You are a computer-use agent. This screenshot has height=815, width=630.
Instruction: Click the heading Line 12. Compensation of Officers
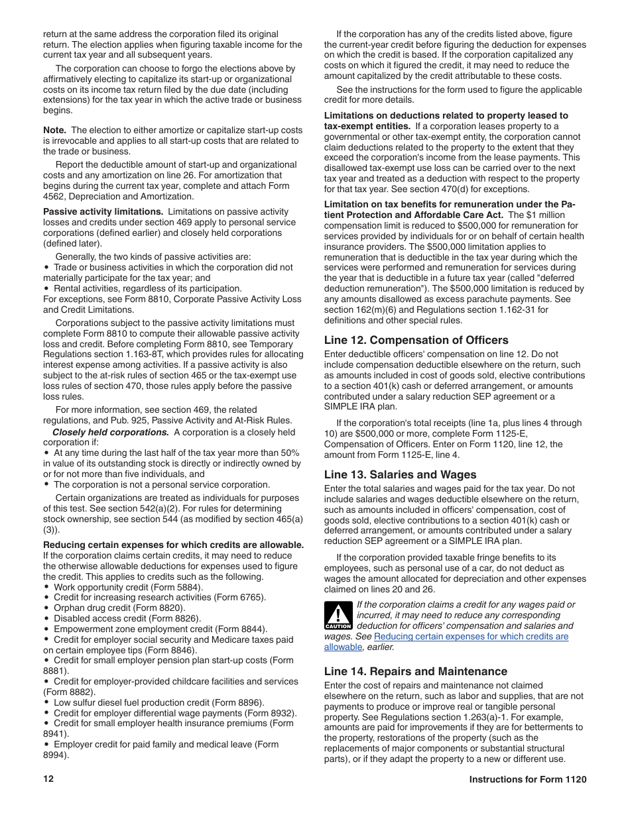(416, 340)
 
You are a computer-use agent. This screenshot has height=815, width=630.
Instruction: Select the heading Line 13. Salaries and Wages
(400, 474)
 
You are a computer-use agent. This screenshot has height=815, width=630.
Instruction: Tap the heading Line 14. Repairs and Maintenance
(415, 671)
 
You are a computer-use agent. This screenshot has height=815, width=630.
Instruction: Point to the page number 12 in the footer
(48, 779)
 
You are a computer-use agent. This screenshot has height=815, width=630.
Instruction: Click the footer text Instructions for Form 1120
(528, 780)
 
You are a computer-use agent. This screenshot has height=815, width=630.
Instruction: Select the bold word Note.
(54, 130)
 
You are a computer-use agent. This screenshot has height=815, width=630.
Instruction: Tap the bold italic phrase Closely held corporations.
(110, 432)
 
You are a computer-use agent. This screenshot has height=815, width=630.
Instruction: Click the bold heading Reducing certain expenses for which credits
(173, 545)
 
